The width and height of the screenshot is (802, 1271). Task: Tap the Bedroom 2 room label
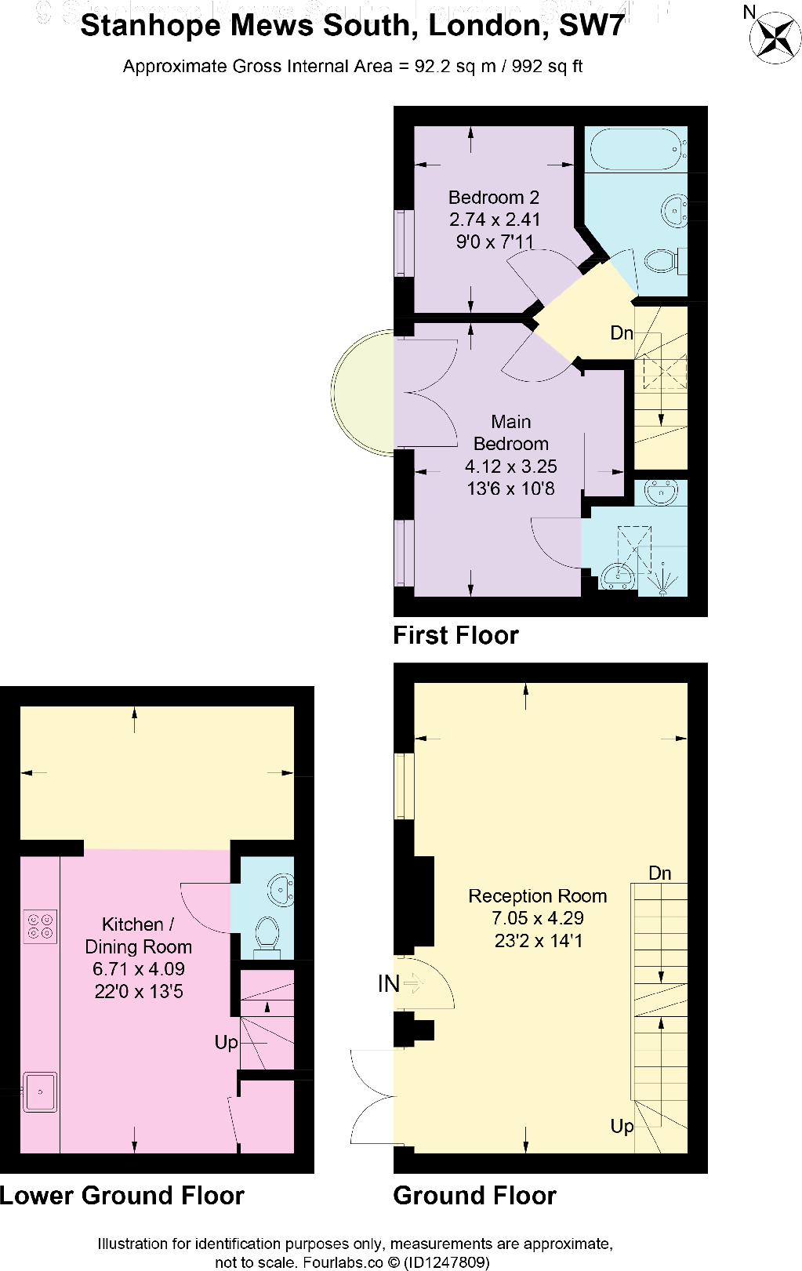pos(493,198)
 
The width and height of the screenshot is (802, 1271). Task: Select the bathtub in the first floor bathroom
pos(636,149)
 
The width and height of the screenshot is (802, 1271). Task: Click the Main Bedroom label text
pos(510,433)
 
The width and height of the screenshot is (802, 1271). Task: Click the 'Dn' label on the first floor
pos(622,333)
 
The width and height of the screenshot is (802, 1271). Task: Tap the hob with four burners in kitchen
pos(40,926)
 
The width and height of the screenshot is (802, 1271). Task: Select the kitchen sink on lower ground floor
pos(39,1091)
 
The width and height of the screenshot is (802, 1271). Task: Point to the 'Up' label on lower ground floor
pos(226,1043)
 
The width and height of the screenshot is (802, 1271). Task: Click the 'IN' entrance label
pos(389,984)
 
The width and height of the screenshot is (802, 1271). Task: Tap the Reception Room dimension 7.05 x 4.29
pos(538,918)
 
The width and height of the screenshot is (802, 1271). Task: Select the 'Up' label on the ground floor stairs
pos(622,1127)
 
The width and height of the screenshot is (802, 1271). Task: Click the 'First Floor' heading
pos(455,635)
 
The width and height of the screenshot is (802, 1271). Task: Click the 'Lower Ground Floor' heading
pos(122,1196)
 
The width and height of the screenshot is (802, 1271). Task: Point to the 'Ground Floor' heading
pos(474,1196)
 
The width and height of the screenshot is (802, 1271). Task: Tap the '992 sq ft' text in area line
pos(546,67)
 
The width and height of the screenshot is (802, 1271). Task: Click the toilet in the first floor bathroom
pos(662,260)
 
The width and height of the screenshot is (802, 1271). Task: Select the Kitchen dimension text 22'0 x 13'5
pos(138,992)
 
